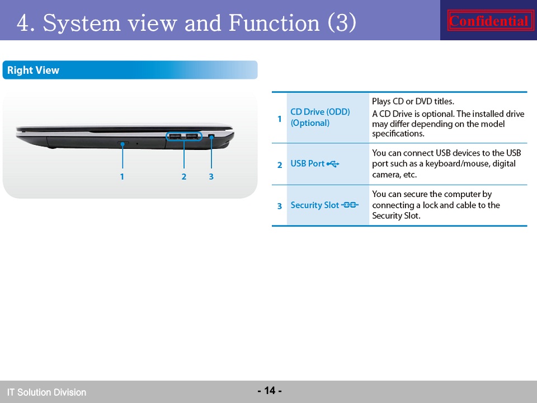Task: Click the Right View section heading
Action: pyautogui.click(x=33, y=70)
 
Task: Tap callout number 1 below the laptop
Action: pyautogui.click(x=122, y=176)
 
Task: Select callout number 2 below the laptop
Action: pyautogui.click(x=184, y=176)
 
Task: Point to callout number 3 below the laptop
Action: pyautogui.click(x=211, y=176)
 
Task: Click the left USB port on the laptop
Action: pyautogui.click(x=175, y=137)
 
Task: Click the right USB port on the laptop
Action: pyautogui.click(x=192, y=137)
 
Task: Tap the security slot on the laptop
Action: pyautogui.click(x=211, y=137)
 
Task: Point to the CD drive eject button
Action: pyautogui.click(x=123, y=142)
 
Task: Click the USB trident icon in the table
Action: pyautogui.click(x=333, y=164)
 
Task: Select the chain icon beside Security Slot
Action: pyautogui.click(x=350, y=205)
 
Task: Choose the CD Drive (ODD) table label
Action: pyautogui.click(x=320, y=117)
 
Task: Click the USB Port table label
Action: pyautogui.click(x=307, y=163)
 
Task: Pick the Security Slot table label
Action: pyautogui.click(x=315, y=205)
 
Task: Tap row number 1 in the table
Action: pyautogui.click(x=280, y=119)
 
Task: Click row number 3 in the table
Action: pyautogui.click(x=280, y=206)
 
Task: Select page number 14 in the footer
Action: pyautogui.click(x=270, y=390)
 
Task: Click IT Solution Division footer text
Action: pyautogui.click(x=46, y=392)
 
